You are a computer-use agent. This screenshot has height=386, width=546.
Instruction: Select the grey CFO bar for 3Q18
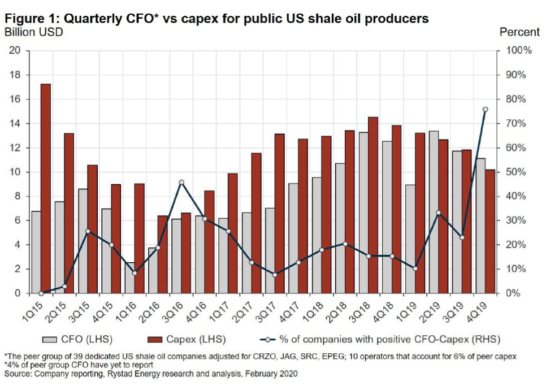365,212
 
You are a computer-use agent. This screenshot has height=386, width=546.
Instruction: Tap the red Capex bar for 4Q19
489,231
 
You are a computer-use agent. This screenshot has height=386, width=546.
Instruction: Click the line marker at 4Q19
485,109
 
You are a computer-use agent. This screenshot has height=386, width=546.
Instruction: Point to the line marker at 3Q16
181,182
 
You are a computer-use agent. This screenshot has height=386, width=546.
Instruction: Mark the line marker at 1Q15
41,293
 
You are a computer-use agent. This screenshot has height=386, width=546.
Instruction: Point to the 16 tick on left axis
15,99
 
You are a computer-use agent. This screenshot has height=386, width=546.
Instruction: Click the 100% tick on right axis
519,50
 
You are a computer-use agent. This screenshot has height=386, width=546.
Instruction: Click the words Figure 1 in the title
31,19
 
